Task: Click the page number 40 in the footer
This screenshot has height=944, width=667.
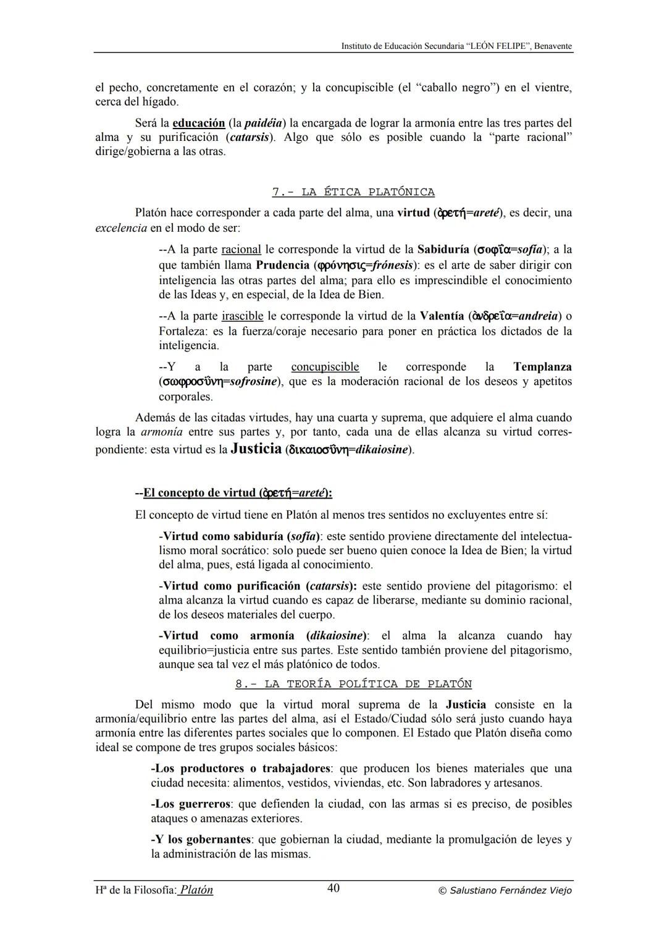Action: point(333,888)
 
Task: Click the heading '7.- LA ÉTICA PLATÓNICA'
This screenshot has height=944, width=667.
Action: point(353,192)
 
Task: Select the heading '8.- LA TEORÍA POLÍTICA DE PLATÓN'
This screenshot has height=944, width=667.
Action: point(353,684)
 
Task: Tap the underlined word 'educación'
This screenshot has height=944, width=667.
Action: point(199,123)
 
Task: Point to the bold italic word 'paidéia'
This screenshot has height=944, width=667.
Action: point(264,123)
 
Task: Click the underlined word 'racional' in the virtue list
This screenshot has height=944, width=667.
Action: point(241,250)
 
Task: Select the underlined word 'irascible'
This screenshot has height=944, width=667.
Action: point(242,316)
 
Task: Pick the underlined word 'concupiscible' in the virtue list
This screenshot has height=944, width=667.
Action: point(325,367)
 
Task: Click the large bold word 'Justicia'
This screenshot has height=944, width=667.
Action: point(256,449)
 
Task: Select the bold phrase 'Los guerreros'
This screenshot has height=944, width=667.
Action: point(191,804)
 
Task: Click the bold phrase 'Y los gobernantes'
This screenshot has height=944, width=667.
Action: point(201,840)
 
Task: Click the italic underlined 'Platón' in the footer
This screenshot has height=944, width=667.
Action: point(196,890)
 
